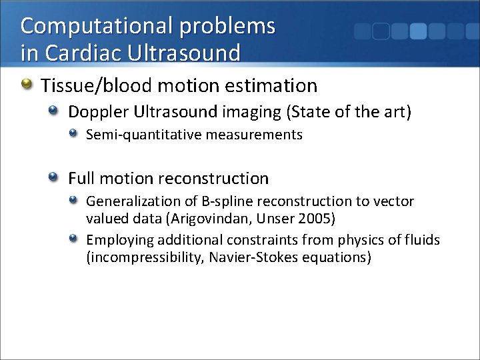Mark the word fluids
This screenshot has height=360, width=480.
[421, 240]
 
